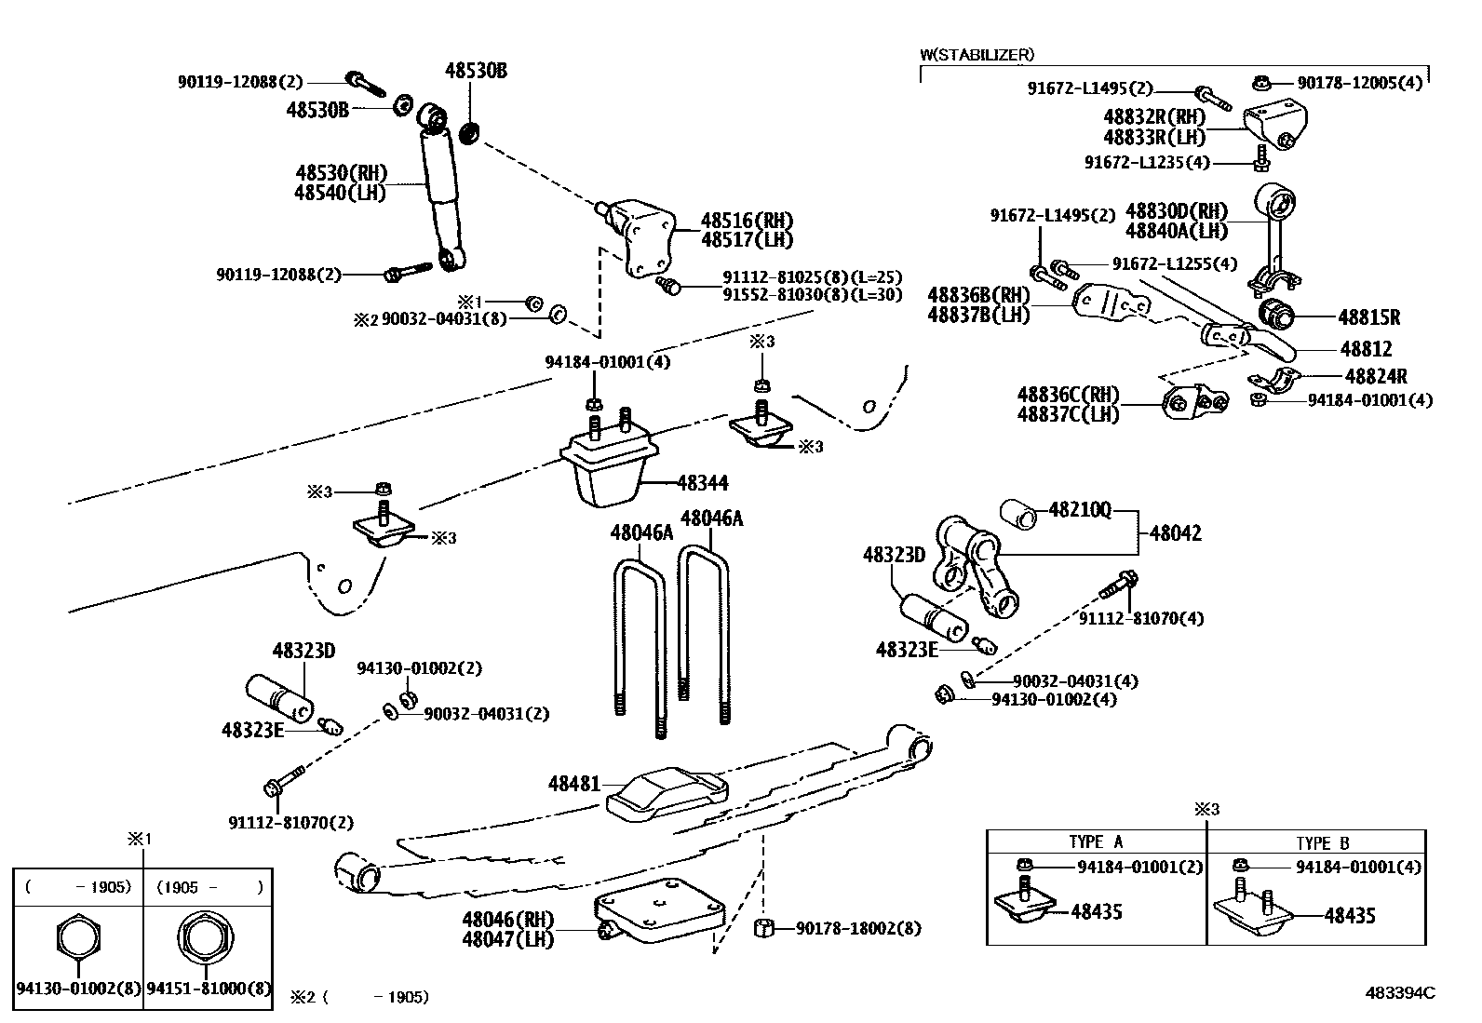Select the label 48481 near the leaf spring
[573, 785]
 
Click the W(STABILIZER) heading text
[977, 55]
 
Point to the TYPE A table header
[1096, 842]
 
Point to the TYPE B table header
[1322, 843]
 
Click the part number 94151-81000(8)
[209, 989]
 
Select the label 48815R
[1368, 317]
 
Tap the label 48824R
[1376, 376]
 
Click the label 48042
[1175, 533]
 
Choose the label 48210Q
[1080, 509]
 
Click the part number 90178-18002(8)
[857, 928]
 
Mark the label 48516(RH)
[747, 221]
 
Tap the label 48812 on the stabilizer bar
[1366, 348]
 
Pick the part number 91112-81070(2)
[290, 823]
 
